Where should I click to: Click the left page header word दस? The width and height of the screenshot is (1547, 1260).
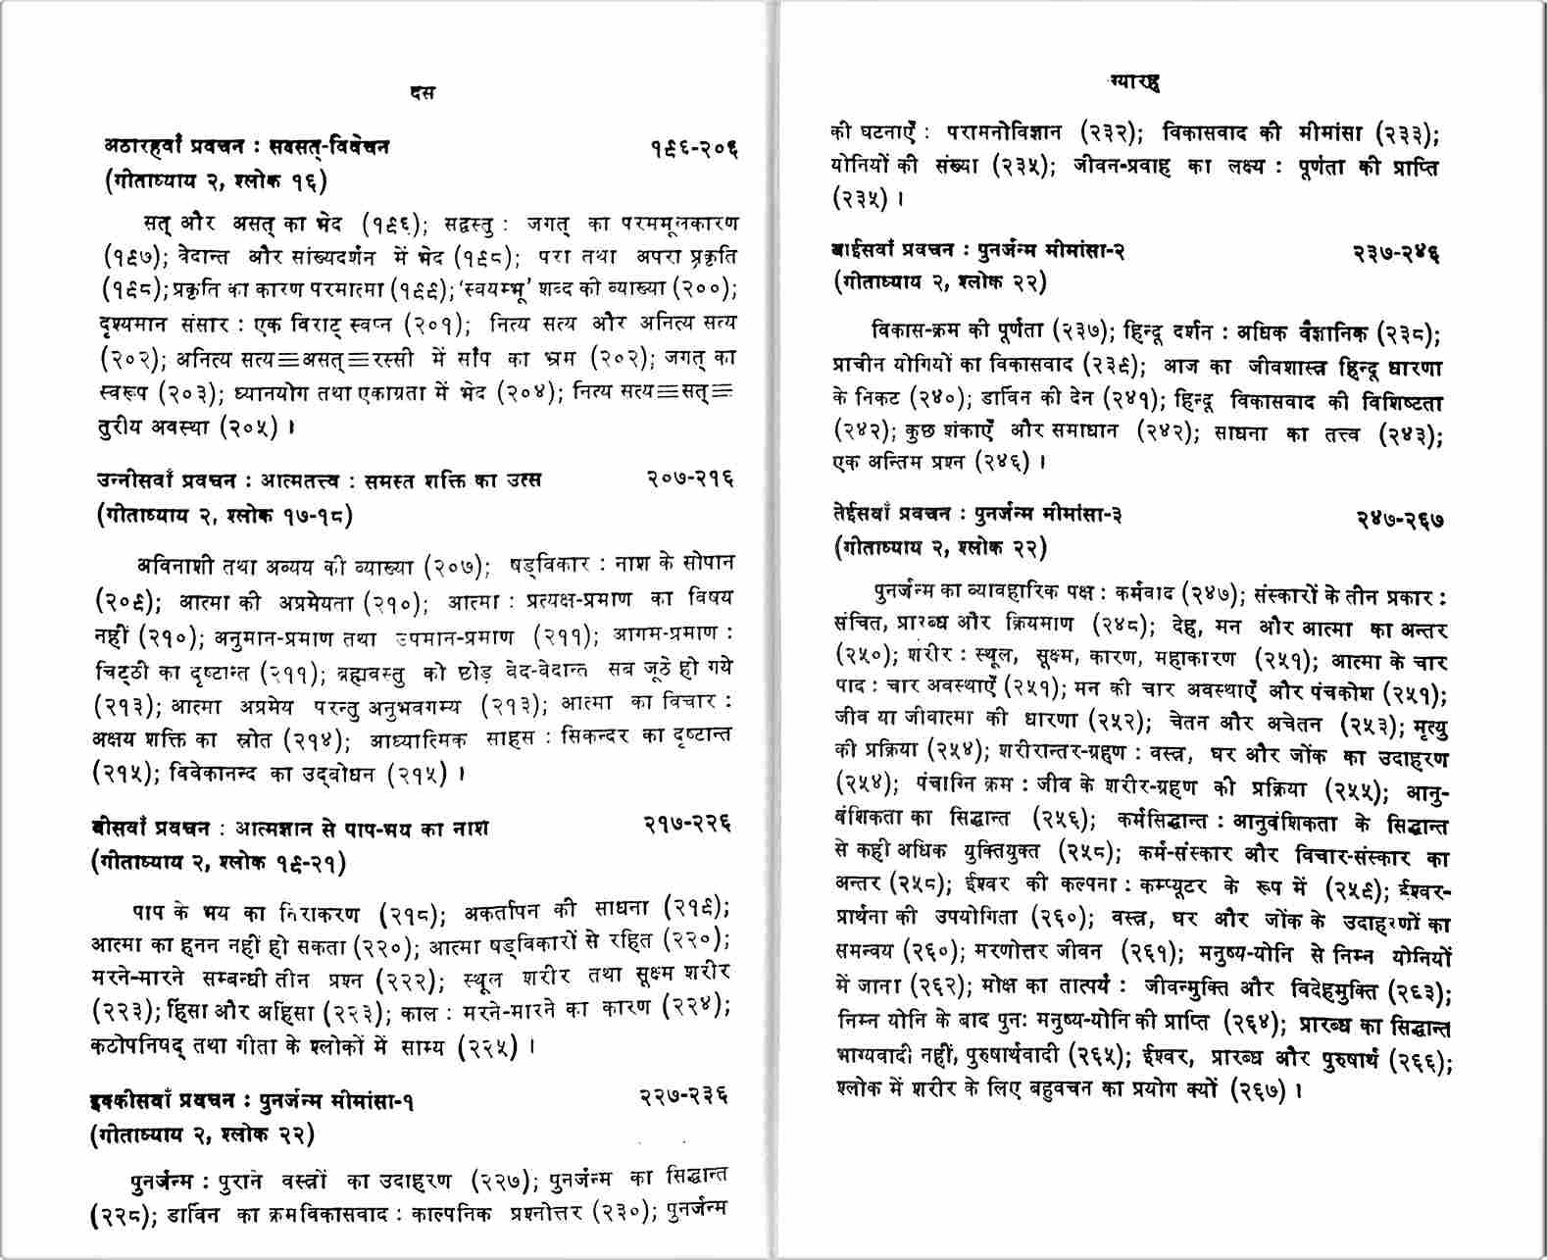tap(424, 93)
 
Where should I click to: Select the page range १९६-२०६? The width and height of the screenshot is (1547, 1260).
tap(693, 148)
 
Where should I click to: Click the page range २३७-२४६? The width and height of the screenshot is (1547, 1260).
tap(1396, 253)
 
